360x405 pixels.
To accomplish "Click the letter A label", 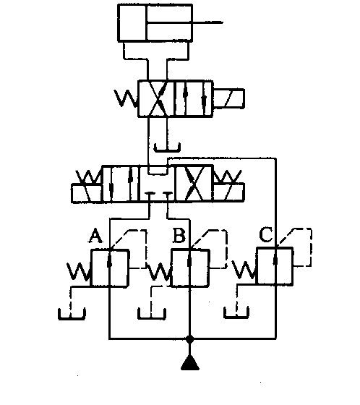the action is (95, 236).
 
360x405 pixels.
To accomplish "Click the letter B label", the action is (179, 236).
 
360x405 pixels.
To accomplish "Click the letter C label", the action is (266, 234).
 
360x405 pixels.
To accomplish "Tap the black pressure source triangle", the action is (190, 362).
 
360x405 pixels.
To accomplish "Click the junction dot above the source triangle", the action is (190, 339).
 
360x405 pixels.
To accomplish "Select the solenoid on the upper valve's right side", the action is (228, 98).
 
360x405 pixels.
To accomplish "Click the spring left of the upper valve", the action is (126, 98).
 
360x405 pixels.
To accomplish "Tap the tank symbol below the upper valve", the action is (167, 148).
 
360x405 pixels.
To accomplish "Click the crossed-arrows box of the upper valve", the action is (156, 98).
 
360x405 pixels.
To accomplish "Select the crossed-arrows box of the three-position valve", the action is (194, 184).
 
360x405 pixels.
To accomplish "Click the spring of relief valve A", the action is (79, 271).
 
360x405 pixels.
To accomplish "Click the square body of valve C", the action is (275, 266).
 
